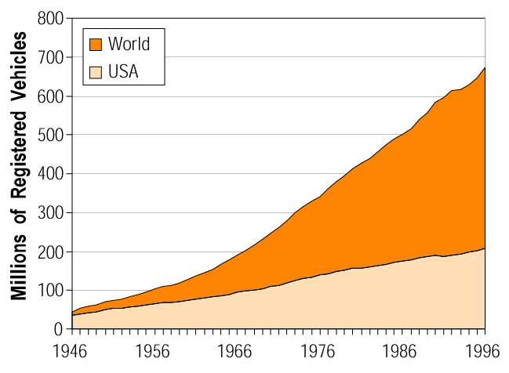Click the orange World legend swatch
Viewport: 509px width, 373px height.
click(98, 44)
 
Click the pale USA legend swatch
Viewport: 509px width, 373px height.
click(98, 72)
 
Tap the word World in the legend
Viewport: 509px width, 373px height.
click(129, 44)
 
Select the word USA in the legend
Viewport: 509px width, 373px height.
click(124, 73)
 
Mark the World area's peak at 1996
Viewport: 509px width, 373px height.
click(484, 68)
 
